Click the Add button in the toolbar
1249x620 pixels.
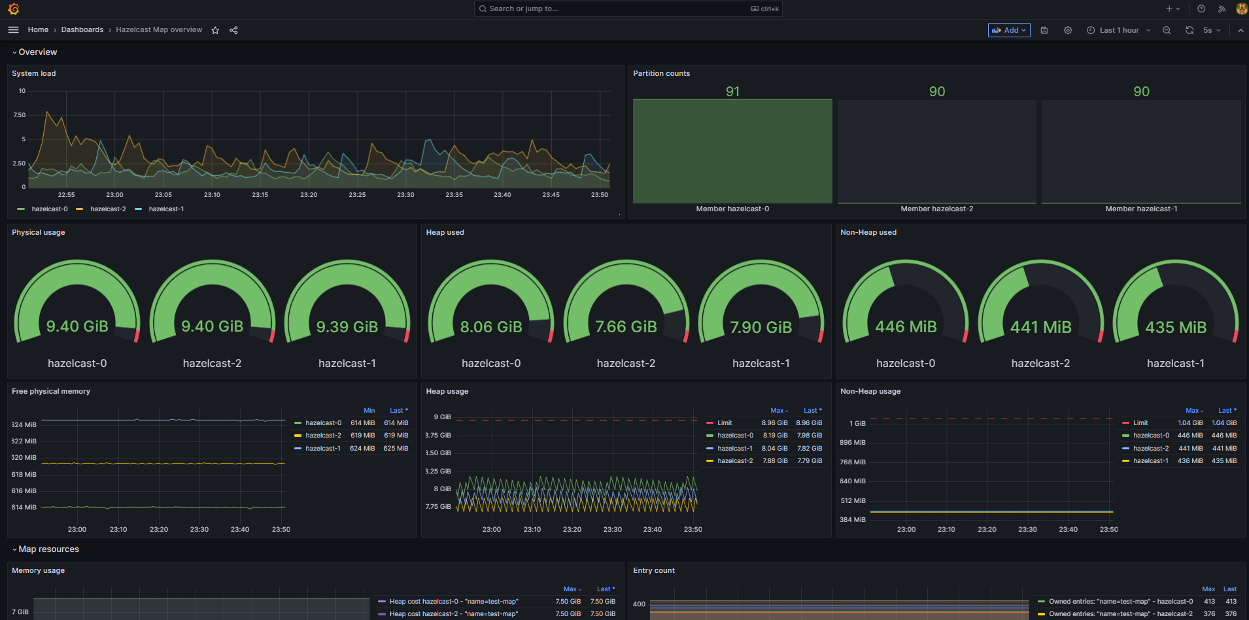coord(1008,30)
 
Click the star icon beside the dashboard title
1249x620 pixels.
coord(215,30)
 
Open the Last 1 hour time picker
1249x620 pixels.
coord(1118,30)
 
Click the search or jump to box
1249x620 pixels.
coord(628,9)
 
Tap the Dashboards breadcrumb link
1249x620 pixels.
coord(82,29)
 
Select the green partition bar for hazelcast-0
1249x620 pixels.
coord(732,151)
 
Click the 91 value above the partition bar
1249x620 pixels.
coord(732,92)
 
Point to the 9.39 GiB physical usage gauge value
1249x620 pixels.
coord(347,326)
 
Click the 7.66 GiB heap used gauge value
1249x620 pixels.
coord(626,326)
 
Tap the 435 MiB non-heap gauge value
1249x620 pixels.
coord(1176,327)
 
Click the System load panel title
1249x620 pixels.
coord(34,73)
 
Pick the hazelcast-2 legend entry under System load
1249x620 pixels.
coord(108,209)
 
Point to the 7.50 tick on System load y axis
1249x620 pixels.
coord(20,115)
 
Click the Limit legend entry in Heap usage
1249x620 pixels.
coord(725,423)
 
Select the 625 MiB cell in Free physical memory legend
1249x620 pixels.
coord(396,449)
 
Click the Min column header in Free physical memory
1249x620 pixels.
coord(369,411)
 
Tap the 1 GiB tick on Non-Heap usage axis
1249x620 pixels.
coord(857,424)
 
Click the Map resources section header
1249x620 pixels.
coord(48,549)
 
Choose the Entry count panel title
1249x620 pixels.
coord(654,570)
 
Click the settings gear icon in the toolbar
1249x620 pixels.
coord(1068,30)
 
